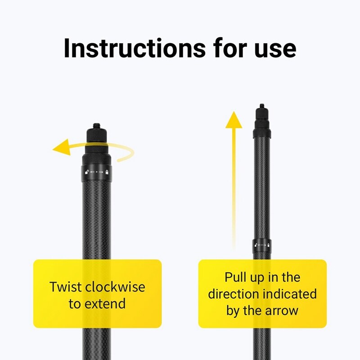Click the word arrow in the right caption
point(281,310)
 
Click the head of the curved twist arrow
point(60,148)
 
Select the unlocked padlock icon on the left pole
point(85,172)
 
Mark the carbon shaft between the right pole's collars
point(261,189)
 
